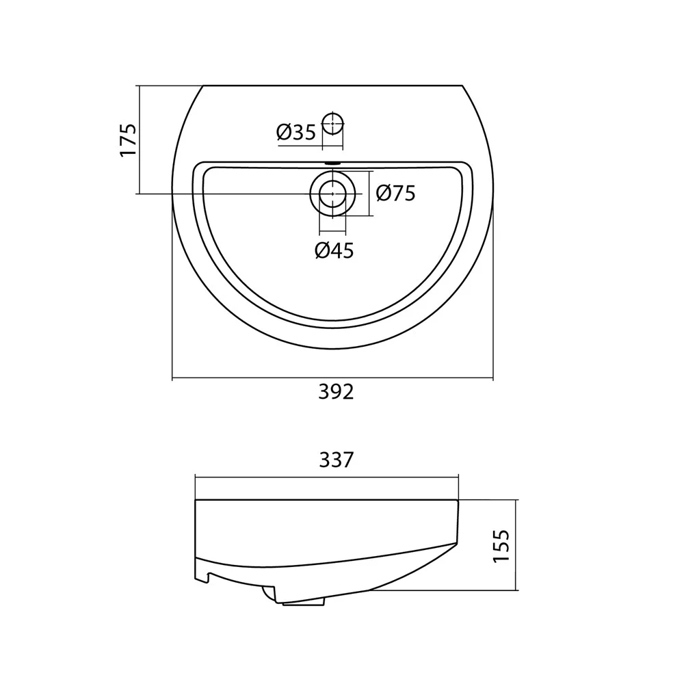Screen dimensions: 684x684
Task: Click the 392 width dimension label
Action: point(336,392)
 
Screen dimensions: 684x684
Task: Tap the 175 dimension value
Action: point(129,140)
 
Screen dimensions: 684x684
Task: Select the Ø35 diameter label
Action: point(295,132)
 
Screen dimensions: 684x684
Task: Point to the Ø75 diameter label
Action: point(395,194)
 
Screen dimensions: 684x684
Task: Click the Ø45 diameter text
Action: point(334,250)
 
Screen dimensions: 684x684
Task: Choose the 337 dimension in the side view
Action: point(336,460)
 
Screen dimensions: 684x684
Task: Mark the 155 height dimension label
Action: point(501,546)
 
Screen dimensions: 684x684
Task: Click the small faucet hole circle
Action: point(333,123)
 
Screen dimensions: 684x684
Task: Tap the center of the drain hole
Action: point(333,194)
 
